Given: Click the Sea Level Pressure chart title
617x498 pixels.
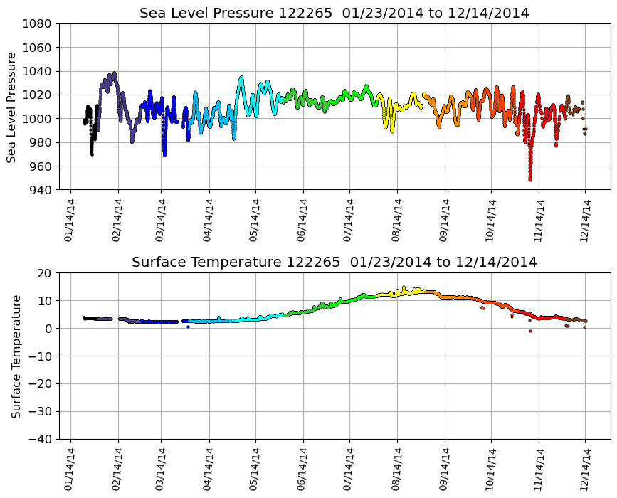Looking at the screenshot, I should tap(334, 14).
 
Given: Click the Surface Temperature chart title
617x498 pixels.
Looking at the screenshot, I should tap(334, 263).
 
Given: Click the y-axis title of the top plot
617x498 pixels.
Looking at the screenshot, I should tap(12, 107).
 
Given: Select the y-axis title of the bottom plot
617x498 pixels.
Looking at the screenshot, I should tap(15, 356).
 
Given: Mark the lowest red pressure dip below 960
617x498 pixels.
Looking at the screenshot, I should tap(530, 179).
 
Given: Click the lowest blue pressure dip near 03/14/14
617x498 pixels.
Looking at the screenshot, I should tap(164, 154).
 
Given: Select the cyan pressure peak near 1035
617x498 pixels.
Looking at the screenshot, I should tap(241, 78).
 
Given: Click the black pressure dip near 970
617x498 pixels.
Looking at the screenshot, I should tap(92, 154).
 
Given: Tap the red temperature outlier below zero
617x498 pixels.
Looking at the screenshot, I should tap(530, 331).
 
